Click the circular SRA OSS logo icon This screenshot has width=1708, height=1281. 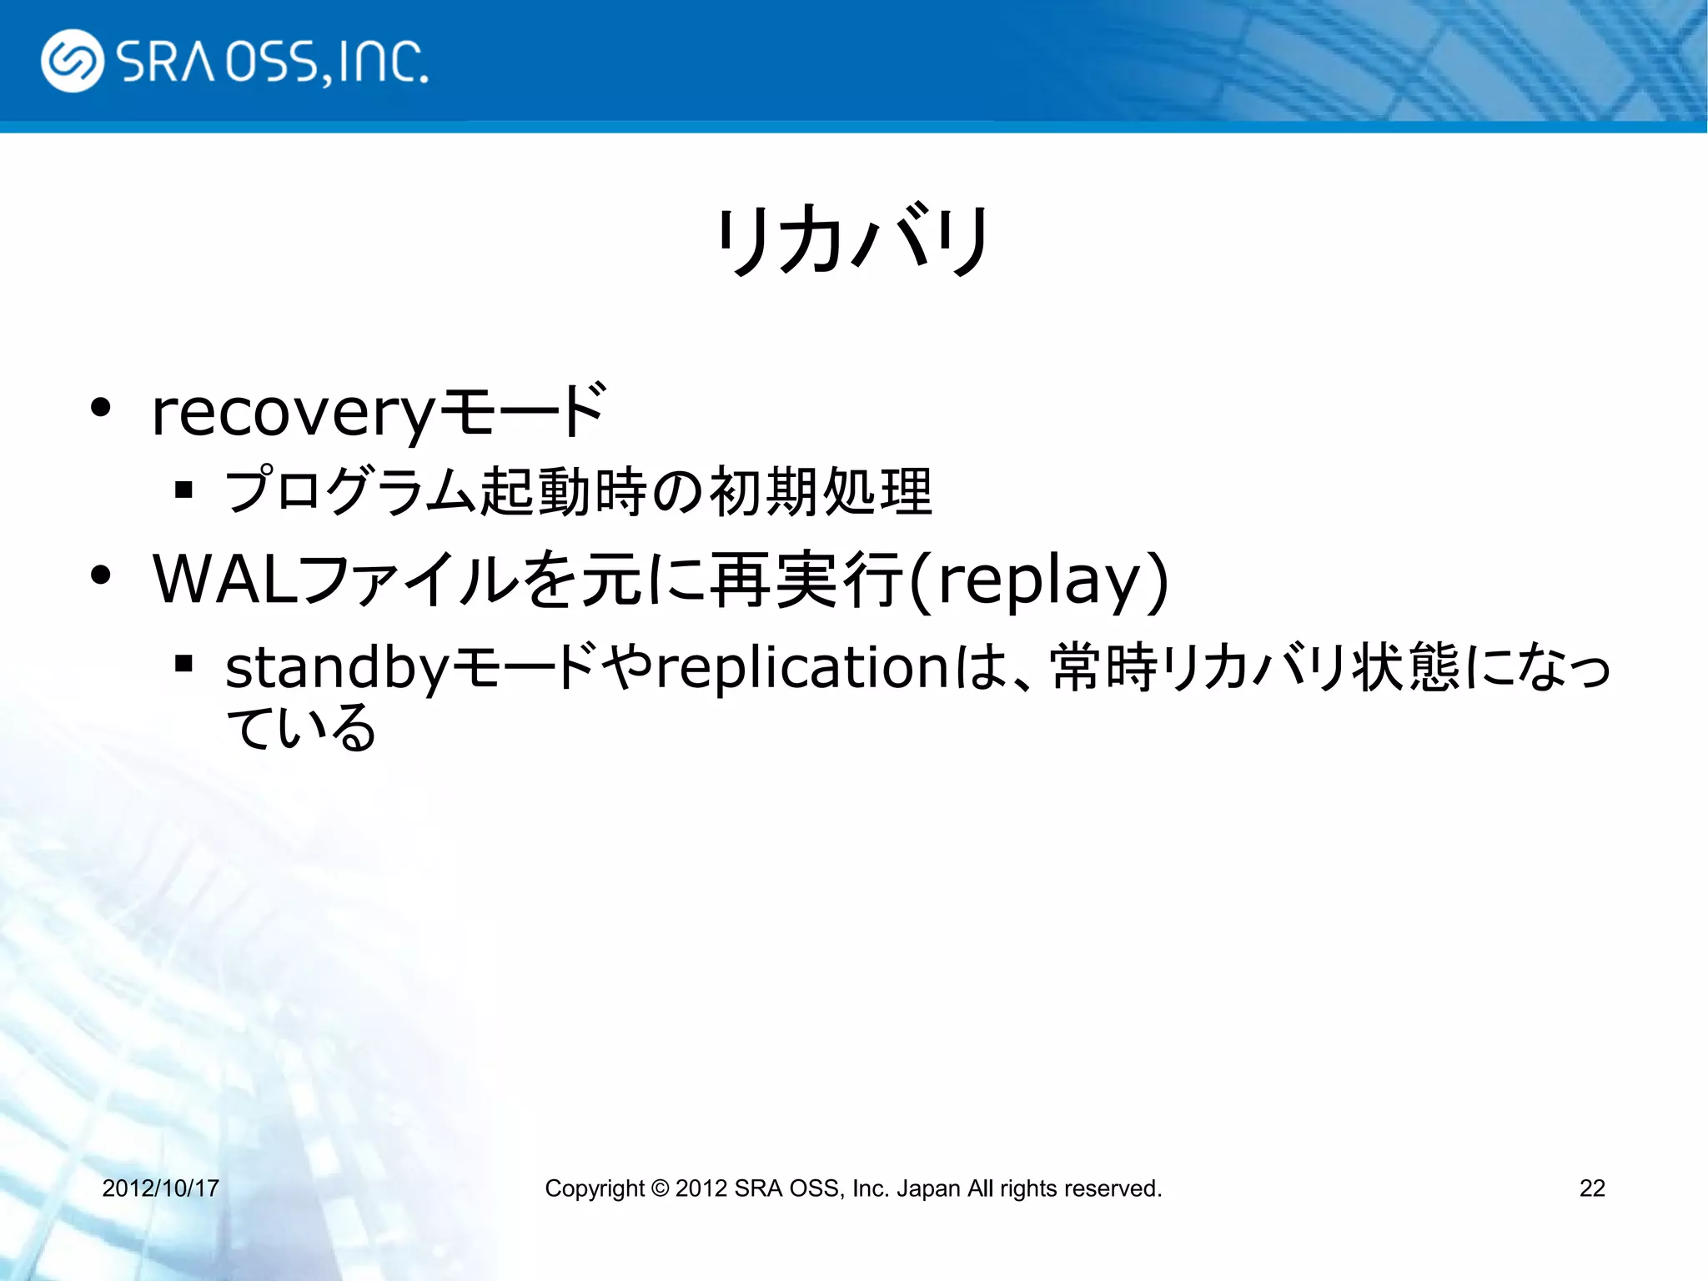73,61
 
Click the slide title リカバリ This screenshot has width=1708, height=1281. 853,242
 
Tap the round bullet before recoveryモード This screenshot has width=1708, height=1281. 101,409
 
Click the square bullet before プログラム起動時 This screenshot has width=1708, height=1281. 184,490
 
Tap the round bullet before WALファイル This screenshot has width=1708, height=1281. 101,575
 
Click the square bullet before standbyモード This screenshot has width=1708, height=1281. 184,664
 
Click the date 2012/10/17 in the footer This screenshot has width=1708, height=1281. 160,1188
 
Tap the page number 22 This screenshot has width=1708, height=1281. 1591,1188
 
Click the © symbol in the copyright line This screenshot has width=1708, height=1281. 660,1188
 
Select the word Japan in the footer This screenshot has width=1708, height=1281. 927,1188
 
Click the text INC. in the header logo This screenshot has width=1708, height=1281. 383,63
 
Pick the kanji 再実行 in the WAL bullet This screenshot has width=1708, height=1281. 806,579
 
